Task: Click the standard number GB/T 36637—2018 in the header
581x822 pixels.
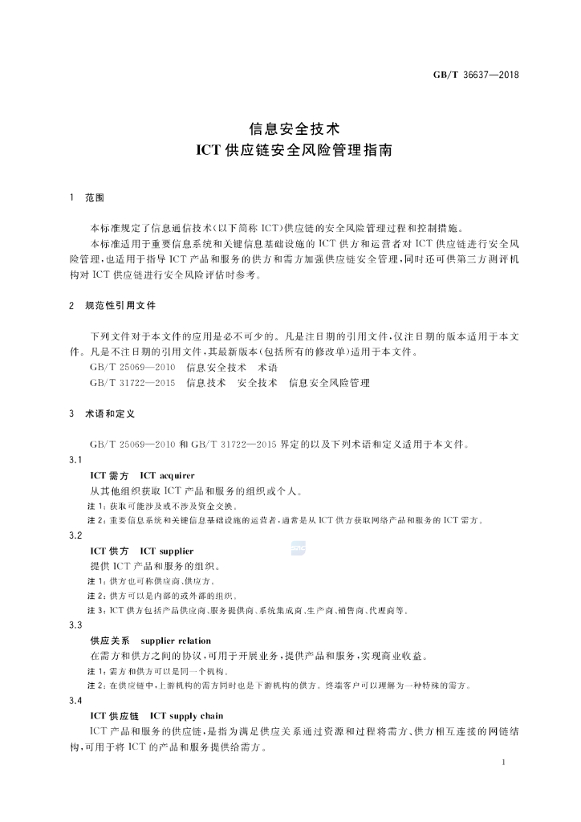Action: tap(477, 75)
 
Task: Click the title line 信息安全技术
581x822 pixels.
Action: tap(290, 128)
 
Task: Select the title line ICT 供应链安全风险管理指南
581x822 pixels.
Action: tap(290, 150)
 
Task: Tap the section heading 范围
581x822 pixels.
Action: tap(95, 197)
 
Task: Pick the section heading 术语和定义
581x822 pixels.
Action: tap(110, 414)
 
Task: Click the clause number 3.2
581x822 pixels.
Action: tap(77, 535)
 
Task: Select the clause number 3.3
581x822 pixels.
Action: tap(77, 625)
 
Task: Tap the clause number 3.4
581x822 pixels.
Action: tap(77, 700)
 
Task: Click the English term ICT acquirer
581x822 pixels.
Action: tap(167, 476)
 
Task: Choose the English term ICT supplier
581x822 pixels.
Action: tap(166, 551)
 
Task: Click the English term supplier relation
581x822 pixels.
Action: tap(175, 641)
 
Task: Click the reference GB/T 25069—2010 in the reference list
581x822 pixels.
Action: tap(133, 367)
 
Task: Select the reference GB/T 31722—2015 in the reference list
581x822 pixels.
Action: tap(133, 383)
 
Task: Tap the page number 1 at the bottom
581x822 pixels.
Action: tap(502, 762)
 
